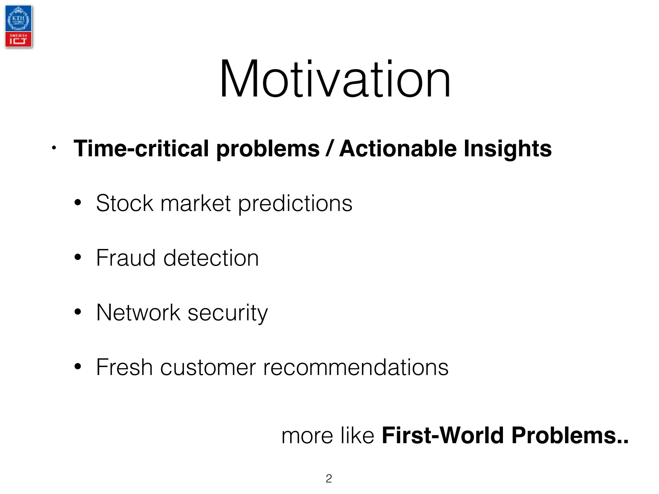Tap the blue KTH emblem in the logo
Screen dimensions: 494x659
coord(18,19)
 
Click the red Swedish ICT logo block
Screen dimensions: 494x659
coord(18,39)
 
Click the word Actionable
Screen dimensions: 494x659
coord(398,149)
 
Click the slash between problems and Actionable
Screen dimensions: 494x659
coord(329,149)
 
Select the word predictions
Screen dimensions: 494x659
coord(295,204)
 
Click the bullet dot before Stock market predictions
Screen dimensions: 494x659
coord(78,203)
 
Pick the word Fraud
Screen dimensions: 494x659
coord(126,258)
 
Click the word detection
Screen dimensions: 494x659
coord(211,258)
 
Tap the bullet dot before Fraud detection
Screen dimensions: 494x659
coord(78,257)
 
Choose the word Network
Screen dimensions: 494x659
coord(138,313)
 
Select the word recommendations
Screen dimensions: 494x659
coord(356,367)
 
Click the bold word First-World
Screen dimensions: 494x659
coord(442,435)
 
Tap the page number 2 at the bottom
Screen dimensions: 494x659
coord(329,479)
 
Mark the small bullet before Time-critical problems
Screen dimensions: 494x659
coord(54,148)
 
